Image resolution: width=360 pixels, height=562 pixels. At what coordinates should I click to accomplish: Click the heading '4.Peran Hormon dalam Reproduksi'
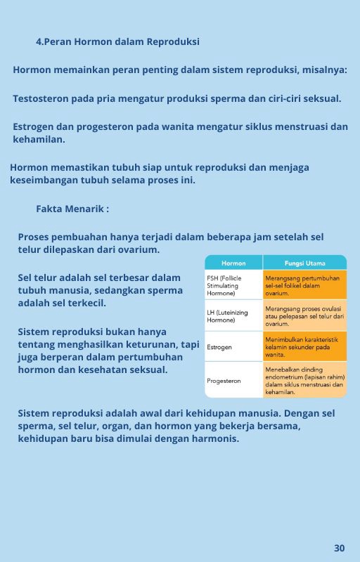pos(117,42)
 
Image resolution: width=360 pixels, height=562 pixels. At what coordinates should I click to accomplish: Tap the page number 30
pos(340,548)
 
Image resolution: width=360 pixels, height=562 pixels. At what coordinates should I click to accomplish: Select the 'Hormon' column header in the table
pos(233,263)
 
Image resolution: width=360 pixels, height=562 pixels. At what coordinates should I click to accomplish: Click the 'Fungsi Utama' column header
pos(304,263)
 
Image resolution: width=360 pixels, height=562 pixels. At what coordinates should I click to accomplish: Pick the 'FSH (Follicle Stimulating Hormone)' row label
pos(224,286)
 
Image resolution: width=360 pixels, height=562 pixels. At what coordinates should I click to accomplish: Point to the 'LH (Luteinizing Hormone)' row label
pos(227,316)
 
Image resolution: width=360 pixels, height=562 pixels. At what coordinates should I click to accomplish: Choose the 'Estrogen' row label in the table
pos(219,347)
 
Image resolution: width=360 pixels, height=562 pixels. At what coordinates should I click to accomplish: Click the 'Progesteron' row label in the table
pos(224,381)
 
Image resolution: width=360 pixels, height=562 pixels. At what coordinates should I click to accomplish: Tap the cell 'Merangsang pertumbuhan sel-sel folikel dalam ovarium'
pos(304,286)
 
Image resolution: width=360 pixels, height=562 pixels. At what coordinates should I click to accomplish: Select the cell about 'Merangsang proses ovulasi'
pos(304,316)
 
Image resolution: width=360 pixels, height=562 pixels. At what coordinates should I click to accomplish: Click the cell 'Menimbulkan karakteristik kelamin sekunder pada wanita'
pos(304,347)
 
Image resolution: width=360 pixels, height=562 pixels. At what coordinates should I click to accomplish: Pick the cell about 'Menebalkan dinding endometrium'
pos(304,380)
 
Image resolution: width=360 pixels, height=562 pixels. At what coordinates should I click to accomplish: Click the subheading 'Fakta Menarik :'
pos(72,209)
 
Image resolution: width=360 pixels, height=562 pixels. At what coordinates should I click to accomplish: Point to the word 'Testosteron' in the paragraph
pos(41,98)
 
